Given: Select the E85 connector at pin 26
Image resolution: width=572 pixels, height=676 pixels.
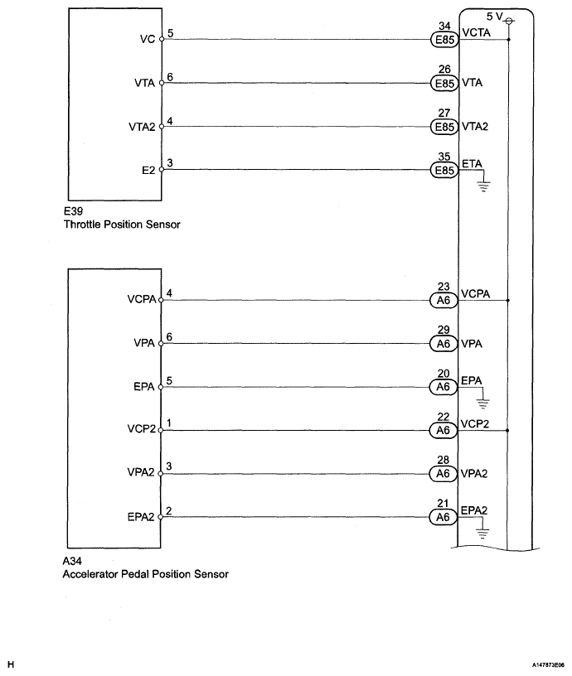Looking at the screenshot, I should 443,83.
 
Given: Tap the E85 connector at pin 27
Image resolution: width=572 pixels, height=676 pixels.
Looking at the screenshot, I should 443,127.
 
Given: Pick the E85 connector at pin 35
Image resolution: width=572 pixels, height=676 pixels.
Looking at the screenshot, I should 443,171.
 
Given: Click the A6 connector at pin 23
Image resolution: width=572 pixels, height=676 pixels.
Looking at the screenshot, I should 443,301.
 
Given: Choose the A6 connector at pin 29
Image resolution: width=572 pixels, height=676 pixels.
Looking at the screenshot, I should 443,344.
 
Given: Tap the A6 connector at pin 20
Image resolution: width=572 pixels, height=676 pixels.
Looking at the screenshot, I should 443,388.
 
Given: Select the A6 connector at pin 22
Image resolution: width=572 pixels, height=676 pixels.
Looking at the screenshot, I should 443,431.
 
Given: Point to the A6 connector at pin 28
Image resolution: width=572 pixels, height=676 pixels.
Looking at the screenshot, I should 443,475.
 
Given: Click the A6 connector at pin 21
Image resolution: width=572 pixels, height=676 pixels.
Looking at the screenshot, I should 443,518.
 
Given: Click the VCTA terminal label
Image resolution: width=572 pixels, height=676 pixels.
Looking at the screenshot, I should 477,30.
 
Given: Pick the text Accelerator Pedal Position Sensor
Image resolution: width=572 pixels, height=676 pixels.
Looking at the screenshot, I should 146,573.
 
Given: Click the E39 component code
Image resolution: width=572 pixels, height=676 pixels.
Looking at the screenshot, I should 73,211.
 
